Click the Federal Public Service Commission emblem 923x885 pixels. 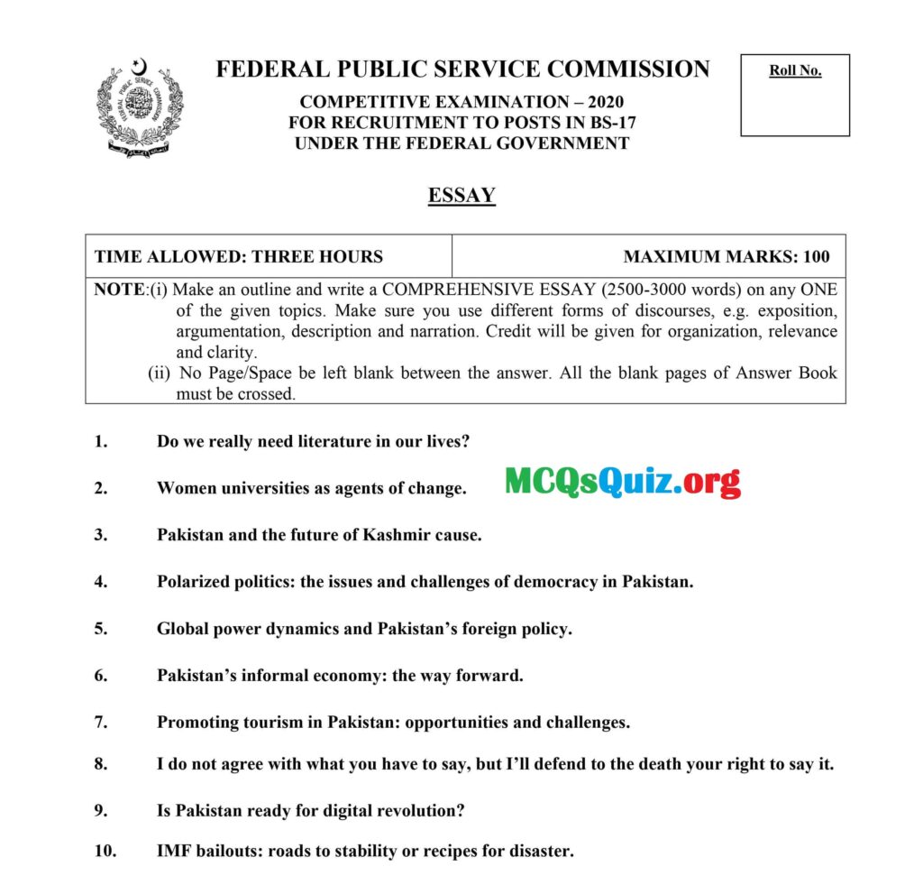[x=139, y=108]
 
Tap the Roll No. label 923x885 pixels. [x=795, y=71]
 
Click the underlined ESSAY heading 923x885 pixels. [x=461, y=195]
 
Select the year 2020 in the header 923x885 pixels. [x=603, y=102]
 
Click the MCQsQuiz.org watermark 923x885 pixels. [x=622, y=483]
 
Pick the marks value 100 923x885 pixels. [x=816, y=256]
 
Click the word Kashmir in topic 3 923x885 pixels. [x=396, y=534]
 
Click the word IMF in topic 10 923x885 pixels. [x=174, y=851]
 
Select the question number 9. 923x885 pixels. [x=100, y=810]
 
